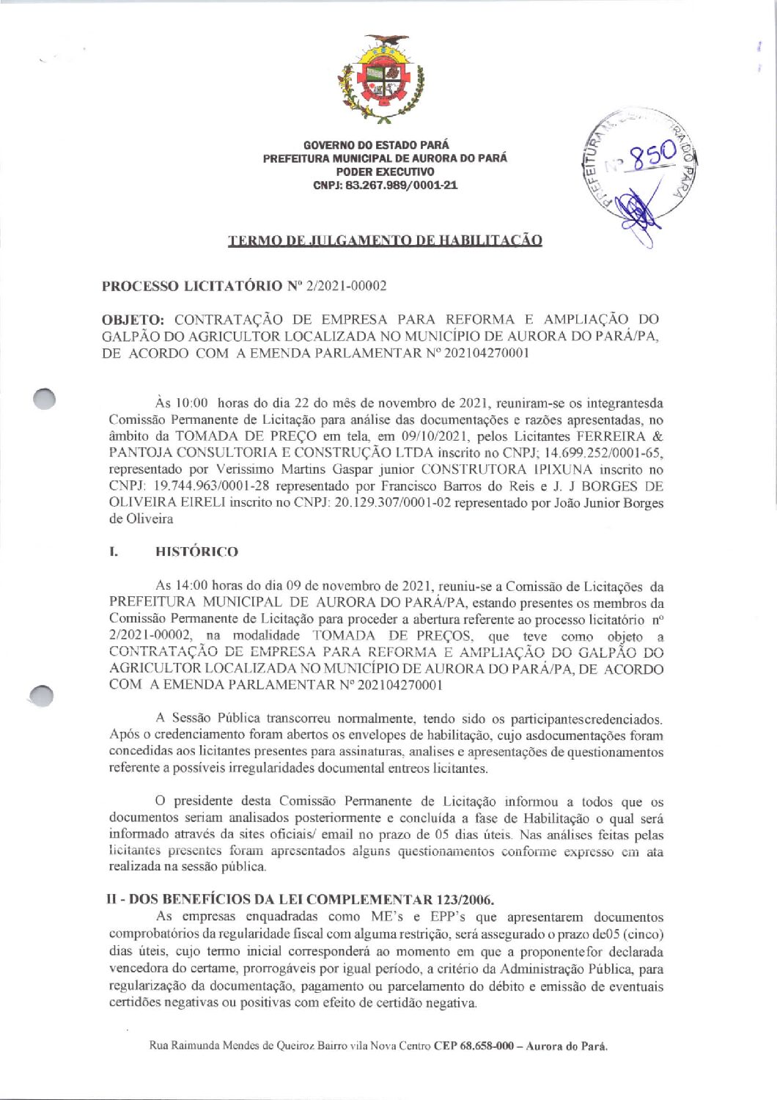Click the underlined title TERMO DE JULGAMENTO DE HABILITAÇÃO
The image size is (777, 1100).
pos(385,241)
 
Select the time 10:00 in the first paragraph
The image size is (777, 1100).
pos(191,403)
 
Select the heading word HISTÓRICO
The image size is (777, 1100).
pos(196,551)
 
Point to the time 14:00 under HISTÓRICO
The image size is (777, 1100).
pos(192,586)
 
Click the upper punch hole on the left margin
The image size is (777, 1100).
pos(45,398)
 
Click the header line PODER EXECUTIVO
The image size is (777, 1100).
pos(385,172)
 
